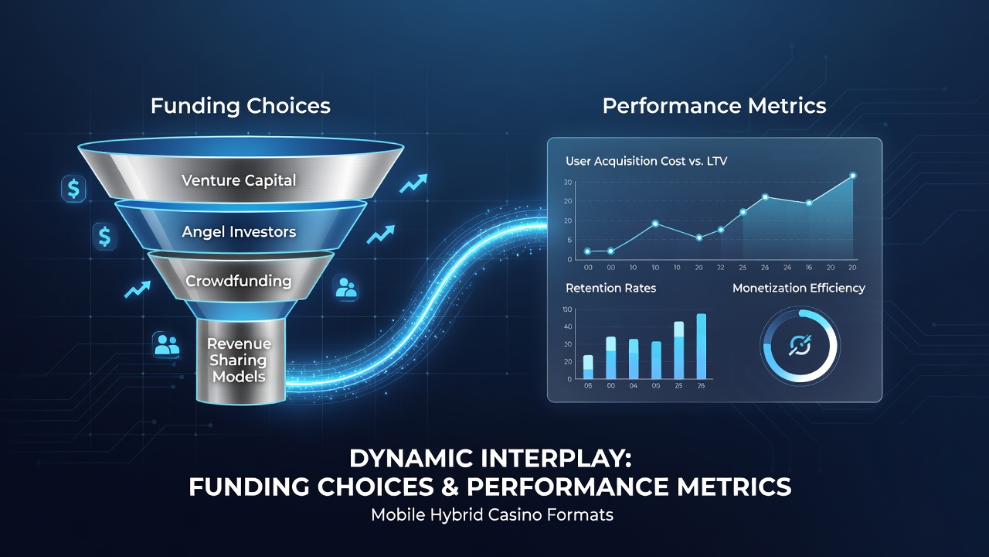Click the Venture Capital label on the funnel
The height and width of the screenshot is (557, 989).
[239, 180]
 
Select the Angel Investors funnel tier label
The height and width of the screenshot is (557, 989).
[239, 231]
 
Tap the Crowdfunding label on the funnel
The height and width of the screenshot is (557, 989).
[239, 281]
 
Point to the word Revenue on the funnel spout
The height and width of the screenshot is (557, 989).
[239, 343]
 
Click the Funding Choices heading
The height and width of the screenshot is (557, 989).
[240, 106]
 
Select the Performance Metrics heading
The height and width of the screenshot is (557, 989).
[715, 106]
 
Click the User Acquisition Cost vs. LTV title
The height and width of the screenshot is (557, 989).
[647, 161]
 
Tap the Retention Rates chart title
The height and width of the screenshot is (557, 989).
[610, 289]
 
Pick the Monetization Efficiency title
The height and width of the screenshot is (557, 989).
[799, 289]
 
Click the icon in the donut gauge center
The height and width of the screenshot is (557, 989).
[800, 345]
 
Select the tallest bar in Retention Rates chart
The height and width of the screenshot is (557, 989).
[701, 346]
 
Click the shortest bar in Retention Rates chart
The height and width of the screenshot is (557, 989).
[588, 367]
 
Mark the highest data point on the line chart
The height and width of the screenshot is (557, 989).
[852, 176]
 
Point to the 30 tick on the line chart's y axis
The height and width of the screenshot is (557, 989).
[568, 182]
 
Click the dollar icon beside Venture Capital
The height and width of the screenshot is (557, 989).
[73, 189]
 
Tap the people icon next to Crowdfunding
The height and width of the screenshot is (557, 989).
[345, 288]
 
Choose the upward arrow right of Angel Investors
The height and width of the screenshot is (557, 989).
[381, 234]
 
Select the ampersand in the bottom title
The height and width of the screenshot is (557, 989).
[450, 487]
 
